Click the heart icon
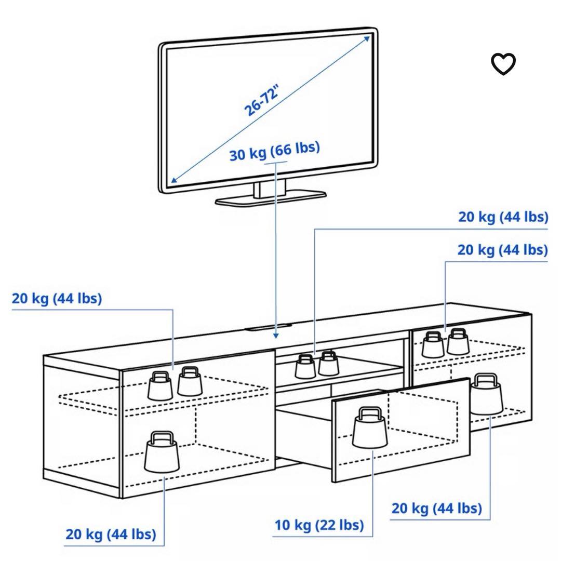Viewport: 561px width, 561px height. click(x=503, y=64)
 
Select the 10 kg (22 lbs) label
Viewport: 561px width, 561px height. click(x=318, y=525)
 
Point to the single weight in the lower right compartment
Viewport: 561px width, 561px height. click(x=487, y=393)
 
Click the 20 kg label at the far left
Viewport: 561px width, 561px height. click(x=57, y=299)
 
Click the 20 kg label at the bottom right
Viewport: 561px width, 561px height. click(x=436, y=507)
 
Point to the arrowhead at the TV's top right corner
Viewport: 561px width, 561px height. click(x=368, y=38)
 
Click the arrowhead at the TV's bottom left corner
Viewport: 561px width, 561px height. click(x=173, y=180)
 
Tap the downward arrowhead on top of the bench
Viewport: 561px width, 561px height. click(x=276, y=335)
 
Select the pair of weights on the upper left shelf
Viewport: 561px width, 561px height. click(x=175, y=382)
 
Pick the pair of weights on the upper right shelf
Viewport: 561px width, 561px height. click(x=445, y=342)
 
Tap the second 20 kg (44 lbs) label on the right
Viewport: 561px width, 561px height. click(x=502, y=250)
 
